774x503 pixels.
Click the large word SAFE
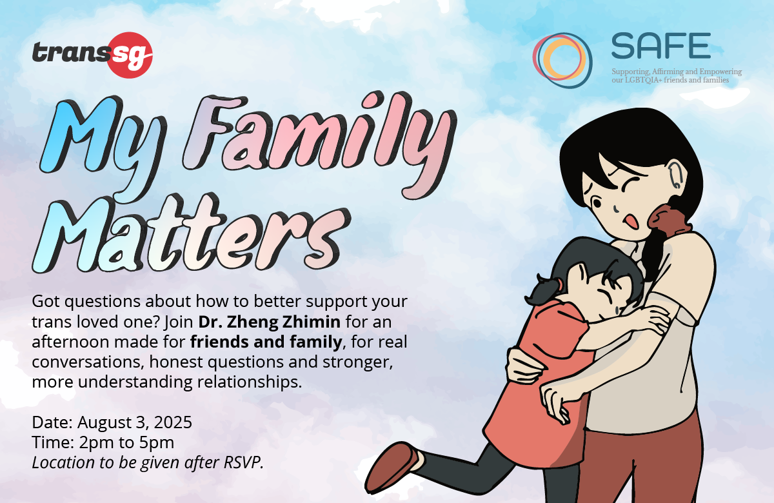[x=660, y=44]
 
